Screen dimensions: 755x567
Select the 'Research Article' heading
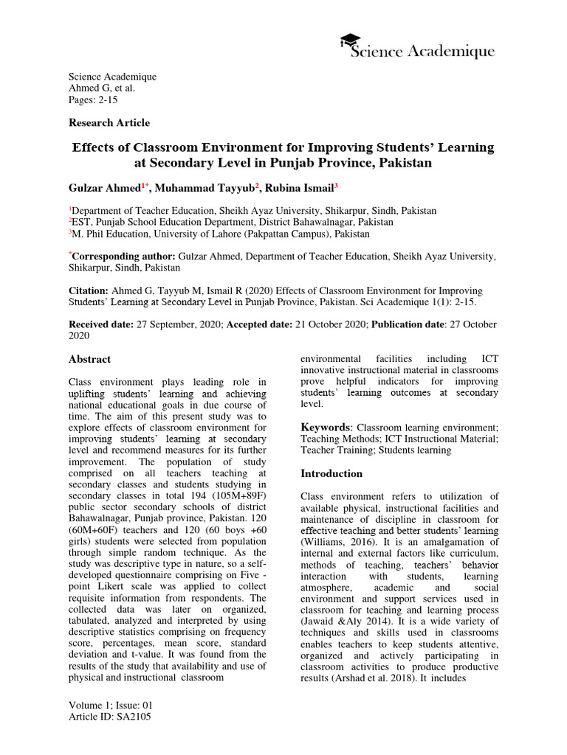[x=109, y=122]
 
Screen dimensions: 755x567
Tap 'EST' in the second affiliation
[x=80, y=222]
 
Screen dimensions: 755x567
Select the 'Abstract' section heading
[x=89, y=359]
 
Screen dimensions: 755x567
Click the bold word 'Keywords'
[x=326, y=427]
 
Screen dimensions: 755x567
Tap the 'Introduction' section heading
[x=331, y=473]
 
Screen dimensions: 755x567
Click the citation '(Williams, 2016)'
[x=337, y=542]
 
